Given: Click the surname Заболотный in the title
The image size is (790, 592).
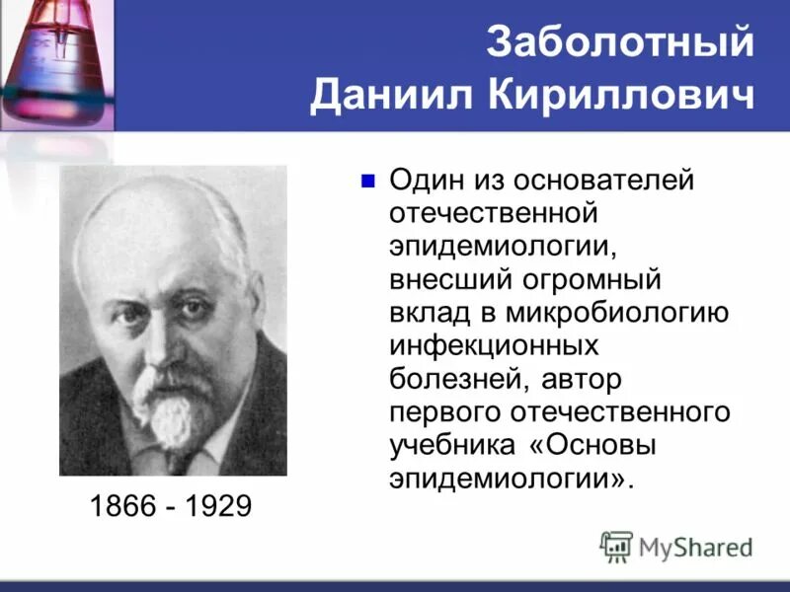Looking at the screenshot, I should (620, 44).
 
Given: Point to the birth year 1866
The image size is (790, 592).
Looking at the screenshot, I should (122, 507).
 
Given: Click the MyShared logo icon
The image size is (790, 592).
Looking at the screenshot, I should (616, 546).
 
